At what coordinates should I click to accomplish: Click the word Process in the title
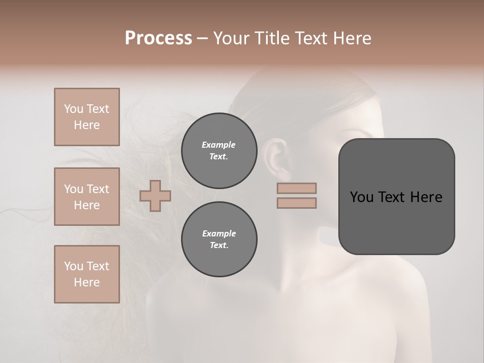pos(158,38)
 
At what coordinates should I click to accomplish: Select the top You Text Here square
pos(87,117)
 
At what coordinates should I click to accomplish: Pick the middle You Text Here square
pos(87,197)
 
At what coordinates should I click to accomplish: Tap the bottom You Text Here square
pos(87,274)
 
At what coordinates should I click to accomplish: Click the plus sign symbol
pos(155,196)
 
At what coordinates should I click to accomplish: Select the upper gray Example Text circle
pos(219,151)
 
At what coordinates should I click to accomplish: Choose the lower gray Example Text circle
pos(219,239)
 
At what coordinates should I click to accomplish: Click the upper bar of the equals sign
pos(296,188)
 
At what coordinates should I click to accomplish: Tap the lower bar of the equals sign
pos(296,203)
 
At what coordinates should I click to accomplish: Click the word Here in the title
pos(351,38)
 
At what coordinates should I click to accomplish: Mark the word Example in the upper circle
pos(219,145)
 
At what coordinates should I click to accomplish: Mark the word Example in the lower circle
pos(219,233)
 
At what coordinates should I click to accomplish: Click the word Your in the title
pos(232,38)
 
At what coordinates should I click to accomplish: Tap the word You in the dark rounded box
pos(362,197)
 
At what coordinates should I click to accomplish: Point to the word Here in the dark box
pos(426,197)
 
